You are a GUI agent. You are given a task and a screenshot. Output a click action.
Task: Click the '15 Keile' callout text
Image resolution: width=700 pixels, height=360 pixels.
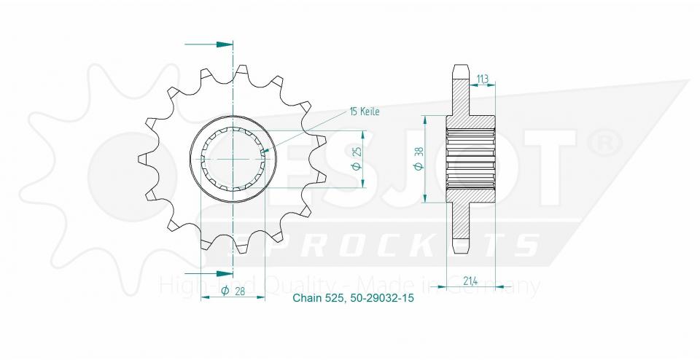(x=365, y=111)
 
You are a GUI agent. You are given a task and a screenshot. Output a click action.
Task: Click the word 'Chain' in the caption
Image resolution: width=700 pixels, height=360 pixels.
(x=306, y=298)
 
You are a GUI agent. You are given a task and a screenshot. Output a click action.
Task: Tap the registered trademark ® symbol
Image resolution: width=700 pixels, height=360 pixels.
(x=604, y=144)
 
